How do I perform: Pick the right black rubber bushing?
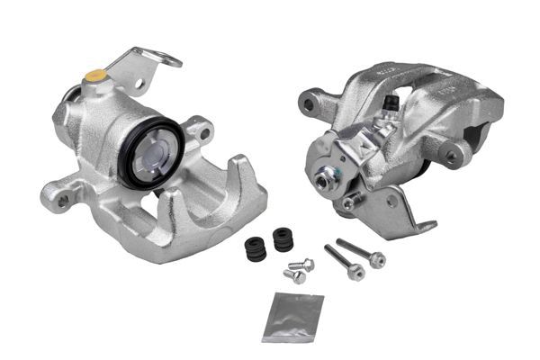click(x=283, y=240)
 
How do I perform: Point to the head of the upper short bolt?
click(x=305, y=265)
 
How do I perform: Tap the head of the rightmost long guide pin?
click(x=377, y=260)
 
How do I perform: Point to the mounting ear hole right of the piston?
click(x=204, y=134)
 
